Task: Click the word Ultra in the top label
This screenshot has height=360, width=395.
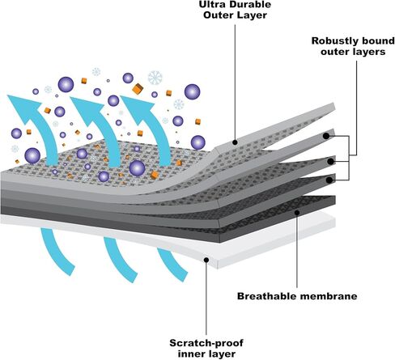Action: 210,5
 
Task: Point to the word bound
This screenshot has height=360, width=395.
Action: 378,40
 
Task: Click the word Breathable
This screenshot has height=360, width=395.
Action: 267,296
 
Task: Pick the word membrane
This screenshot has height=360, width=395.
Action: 329,296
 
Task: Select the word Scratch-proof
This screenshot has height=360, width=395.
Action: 206,343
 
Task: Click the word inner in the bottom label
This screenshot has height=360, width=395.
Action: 190,354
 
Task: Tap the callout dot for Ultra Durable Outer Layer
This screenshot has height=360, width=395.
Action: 235,142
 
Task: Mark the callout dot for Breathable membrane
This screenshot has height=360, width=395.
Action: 297,213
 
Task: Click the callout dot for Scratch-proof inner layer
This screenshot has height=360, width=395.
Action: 206,260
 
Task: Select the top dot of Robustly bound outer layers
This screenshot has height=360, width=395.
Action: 326,136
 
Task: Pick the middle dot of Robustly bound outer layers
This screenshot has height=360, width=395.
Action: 330,162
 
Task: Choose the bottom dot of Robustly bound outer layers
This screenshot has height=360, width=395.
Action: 329,180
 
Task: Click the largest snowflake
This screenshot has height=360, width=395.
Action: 155,78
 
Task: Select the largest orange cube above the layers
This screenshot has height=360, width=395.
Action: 138,89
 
